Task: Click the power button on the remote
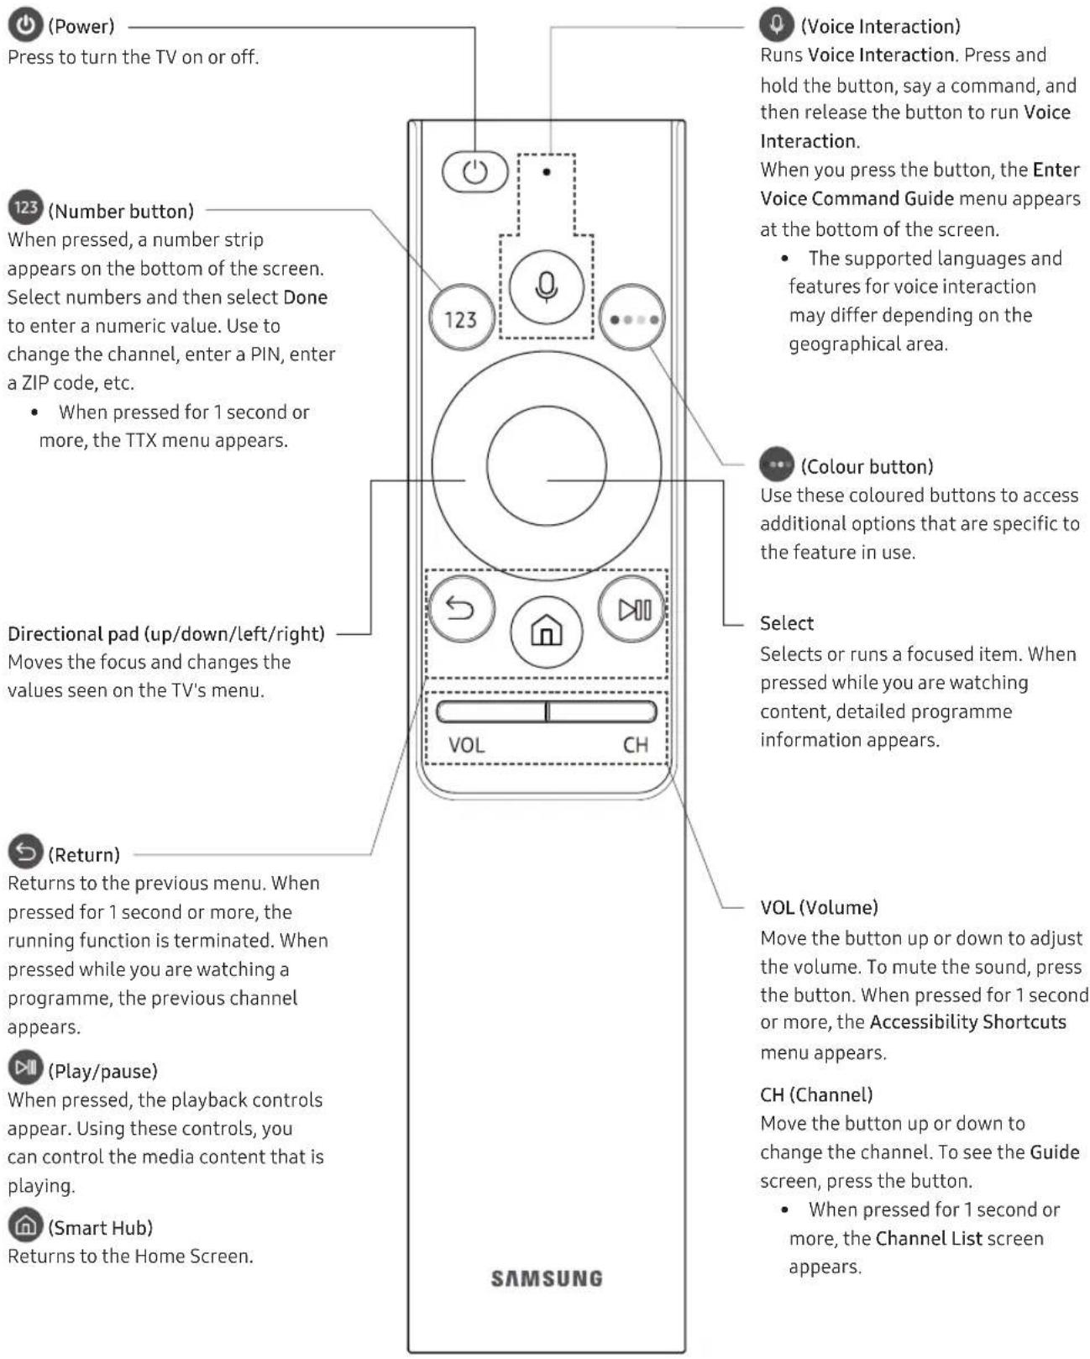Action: click(474, 172)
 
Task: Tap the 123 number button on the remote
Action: click(461, 319)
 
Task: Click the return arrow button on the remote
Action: click(460, 608)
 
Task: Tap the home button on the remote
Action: click(547, 630)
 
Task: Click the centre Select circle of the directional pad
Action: click(547, 465)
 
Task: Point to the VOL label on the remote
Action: click(466, 745)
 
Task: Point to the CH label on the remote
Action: click(636, 745)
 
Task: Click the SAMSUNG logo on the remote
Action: click(547, 1278)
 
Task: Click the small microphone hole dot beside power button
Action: click(547, 172)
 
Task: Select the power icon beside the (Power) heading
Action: click(26, 25)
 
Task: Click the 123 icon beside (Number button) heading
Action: click(26, 207)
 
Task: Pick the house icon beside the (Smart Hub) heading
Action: click(26, 1225)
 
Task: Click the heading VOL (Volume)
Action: click(819, 907)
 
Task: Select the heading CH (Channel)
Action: click(816, 1094)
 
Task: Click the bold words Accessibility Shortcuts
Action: click(967, 1022)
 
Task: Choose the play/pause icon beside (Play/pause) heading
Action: click(26, 1068)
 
